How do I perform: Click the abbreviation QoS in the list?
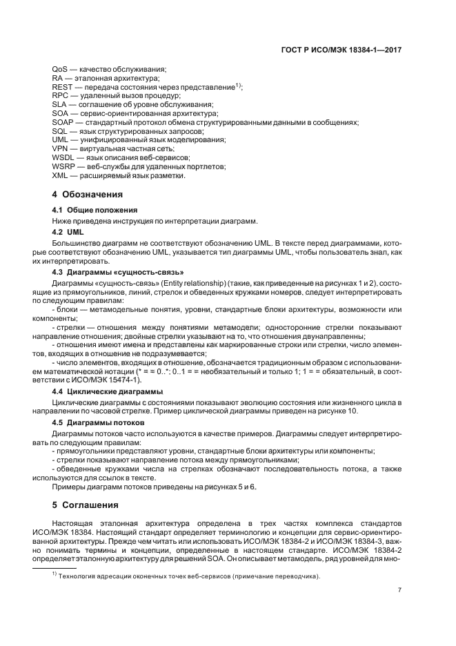59,70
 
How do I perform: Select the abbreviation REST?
62,87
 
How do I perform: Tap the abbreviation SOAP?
63,121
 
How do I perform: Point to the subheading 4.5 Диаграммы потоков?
99,422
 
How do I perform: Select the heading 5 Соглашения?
86,504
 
